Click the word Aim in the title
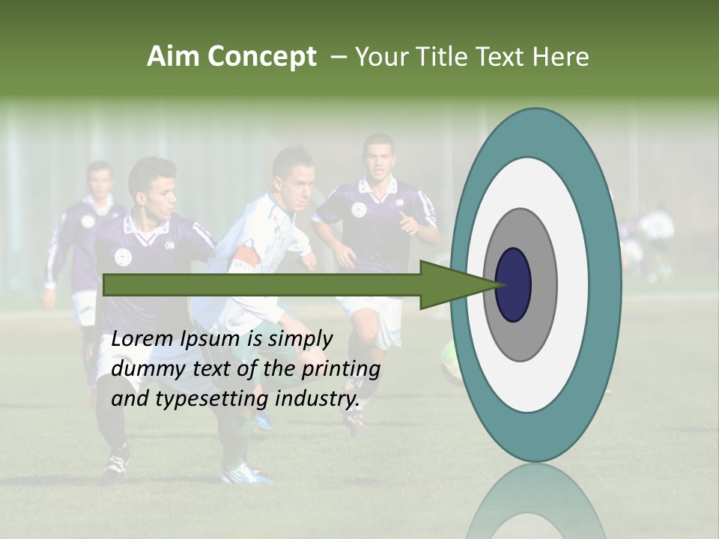(174, 57)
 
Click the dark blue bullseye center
(513, 284)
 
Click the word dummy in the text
(145, 369)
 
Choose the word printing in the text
(340, 370)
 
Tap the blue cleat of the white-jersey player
(246, 472)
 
